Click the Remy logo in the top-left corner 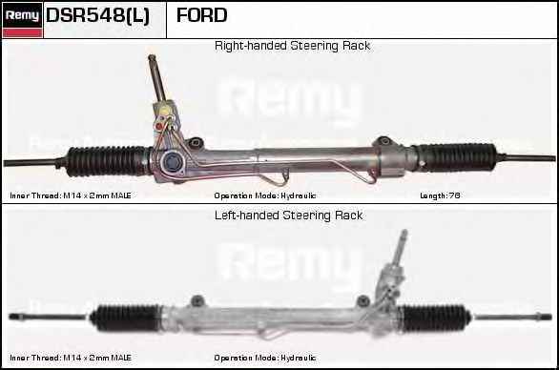tap(21, 14)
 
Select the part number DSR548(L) tap(98, 15)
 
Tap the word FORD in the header tap(201, 15)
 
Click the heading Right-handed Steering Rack tap(292, 46)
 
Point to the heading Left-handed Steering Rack tap(288, 216)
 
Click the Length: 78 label tap(441, 195)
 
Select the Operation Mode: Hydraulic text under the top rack tap(265, 195)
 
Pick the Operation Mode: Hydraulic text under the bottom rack tap(265, 358)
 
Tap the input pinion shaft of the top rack tap(155, 76)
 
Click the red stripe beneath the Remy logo tap(21, 32)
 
